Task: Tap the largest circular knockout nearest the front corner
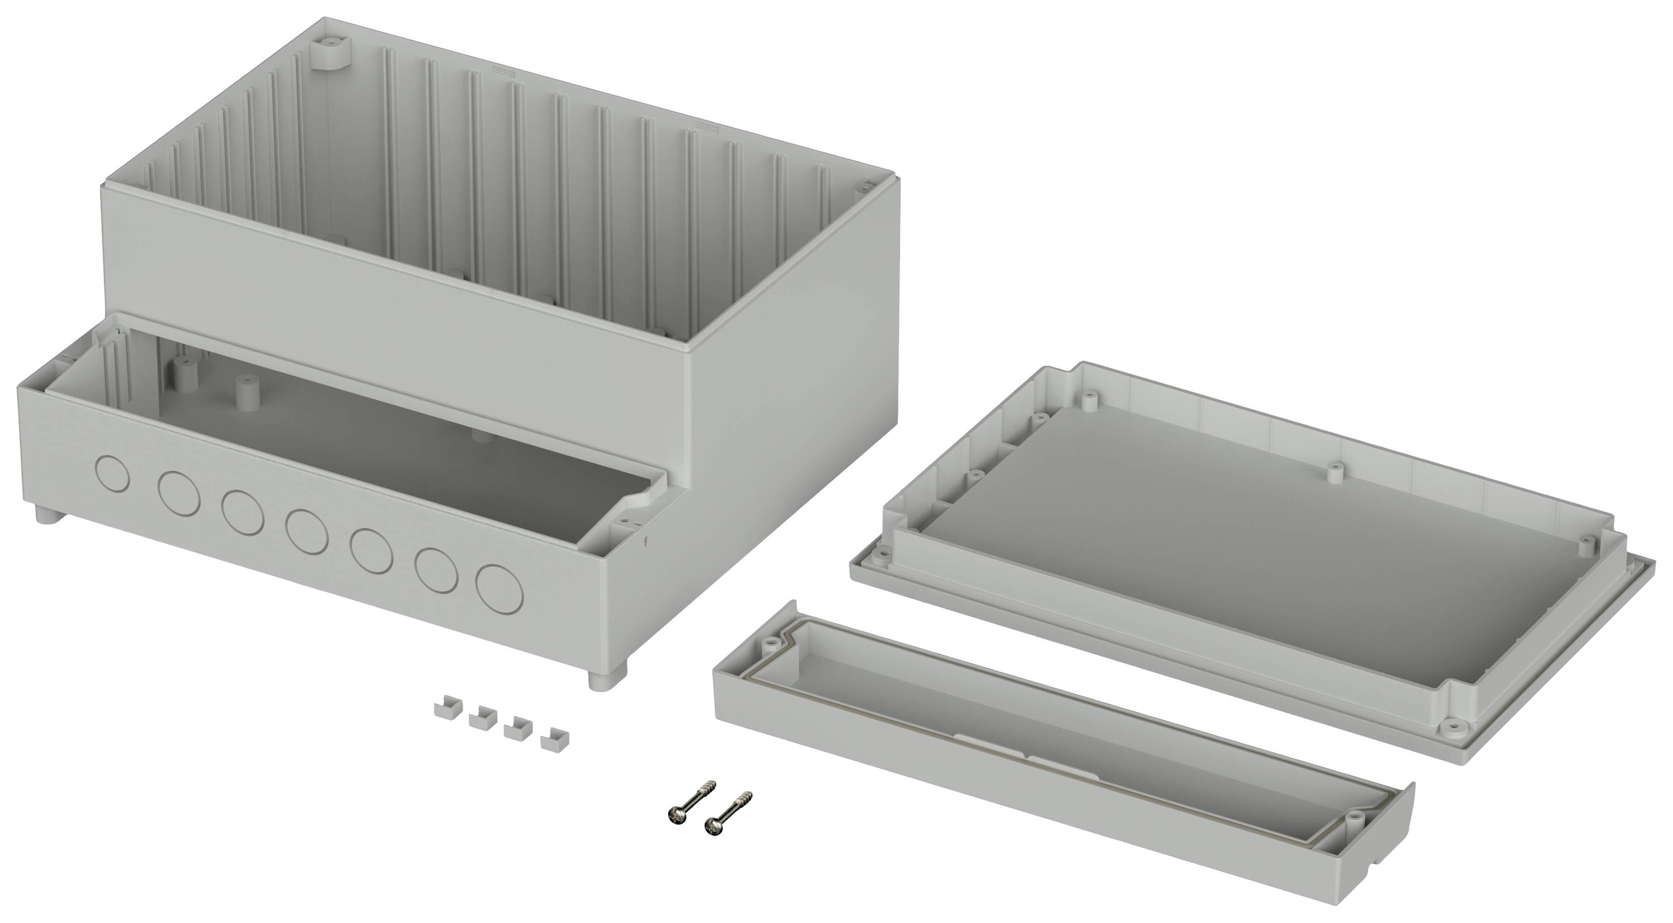(x=499, y=589)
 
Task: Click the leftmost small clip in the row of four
(x=445, y=707)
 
